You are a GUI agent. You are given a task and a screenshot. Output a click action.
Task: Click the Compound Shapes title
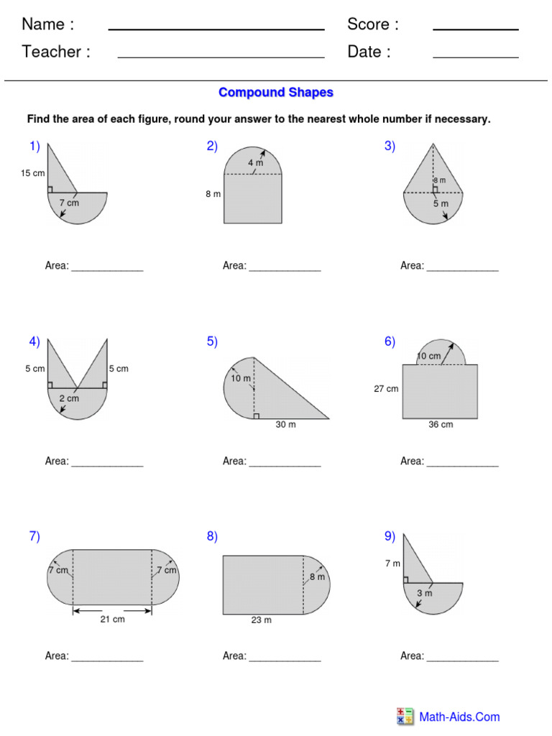click(276, 93)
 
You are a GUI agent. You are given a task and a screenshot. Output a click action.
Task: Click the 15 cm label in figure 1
click(33, 173)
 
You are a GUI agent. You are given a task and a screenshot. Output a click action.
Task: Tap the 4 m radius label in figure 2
click(256, 163)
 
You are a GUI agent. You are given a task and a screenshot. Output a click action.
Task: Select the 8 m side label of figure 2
click(213, 194)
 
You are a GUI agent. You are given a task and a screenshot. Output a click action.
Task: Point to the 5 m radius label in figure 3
click(440, 203)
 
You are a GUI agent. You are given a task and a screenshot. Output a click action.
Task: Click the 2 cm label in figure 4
click(69, 398)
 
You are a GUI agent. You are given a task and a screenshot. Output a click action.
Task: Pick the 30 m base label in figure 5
click(285, 425)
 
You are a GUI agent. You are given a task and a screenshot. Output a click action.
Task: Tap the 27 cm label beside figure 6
click(386, 389)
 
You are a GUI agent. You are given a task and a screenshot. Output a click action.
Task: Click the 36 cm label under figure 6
click(441, 425)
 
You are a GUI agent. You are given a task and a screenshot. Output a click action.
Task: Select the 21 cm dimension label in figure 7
click(113, 620)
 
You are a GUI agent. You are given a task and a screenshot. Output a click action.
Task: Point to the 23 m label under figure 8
click(262, 620)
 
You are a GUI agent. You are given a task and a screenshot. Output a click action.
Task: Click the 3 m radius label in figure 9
click(425, 593)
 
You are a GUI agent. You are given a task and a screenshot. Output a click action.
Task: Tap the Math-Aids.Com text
click(459, 717)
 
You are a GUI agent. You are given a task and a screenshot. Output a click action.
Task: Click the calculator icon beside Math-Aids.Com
click(405, 717)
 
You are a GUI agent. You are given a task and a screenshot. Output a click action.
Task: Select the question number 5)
click(212, 341)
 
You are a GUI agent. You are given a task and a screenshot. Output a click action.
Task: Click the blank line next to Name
click(216, 29)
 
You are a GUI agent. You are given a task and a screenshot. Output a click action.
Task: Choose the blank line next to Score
click(475, 29)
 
